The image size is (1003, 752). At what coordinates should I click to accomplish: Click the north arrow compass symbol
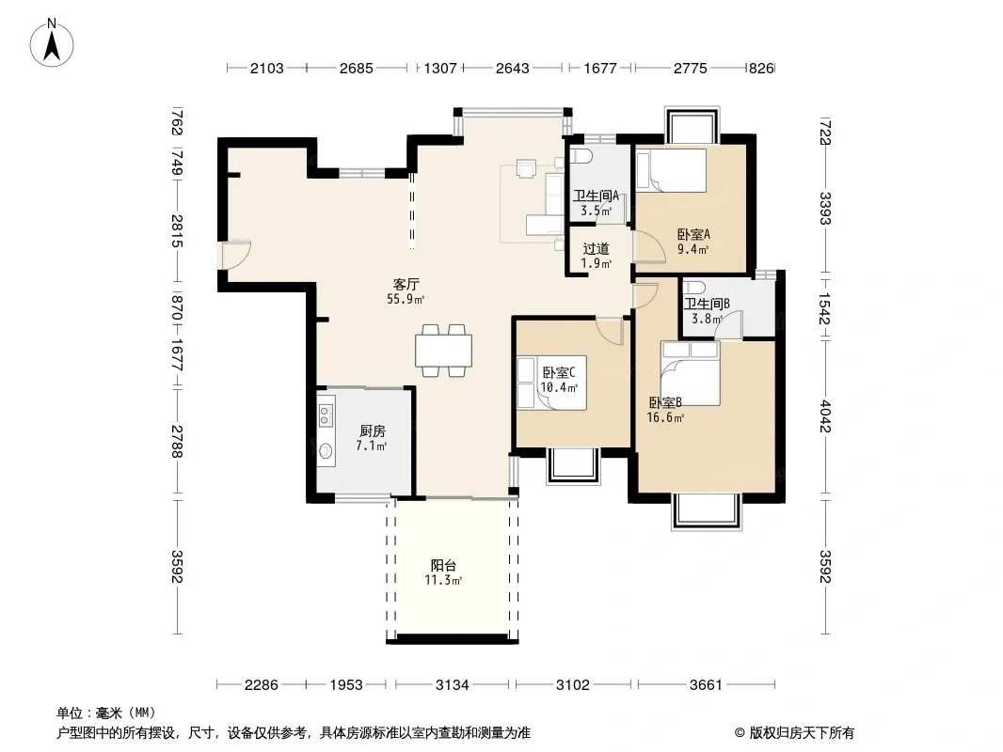pos(52,43)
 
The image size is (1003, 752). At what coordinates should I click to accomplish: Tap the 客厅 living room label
pos(406,284)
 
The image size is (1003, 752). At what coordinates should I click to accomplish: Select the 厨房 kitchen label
pos(373,431)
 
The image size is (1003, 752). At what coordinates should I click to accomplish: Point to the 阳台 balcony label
pos(443,566)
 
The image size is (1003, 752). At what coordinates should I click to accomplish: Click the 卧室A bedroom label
pos(693,234)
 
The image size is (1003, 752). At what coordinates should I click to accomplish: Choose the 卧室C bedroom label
pos(559,372)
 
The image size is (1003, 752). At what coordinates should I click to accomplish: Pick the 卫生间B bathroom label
pos(707,305)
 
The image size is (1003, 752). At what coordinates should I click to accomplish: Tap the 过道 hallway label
pos(596,248)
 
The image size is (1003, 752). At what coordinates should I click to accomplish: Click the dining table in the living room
pos(443,350)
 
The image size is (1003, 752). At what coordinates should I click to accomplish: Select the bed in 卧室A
pos(671,170)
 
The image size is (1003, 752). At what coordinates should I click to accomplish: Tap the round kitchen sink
pos(326,451)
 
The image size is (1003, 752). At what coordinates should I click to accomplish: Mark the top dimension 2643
pos(513,68)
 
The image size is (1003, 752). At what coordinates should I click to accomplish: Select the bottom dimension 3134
pos(453,685)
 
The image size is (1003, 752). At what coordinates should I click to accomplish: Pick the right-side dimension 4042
pos(825,415)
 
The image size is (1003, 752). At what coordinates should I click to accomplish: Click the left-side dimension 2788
pos(177,442)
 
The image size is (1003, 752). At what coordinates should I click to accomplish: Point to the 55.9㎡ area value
pos(406,299)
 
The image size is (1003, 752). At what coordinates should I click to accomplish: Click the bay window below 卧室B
pos(707,511)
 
